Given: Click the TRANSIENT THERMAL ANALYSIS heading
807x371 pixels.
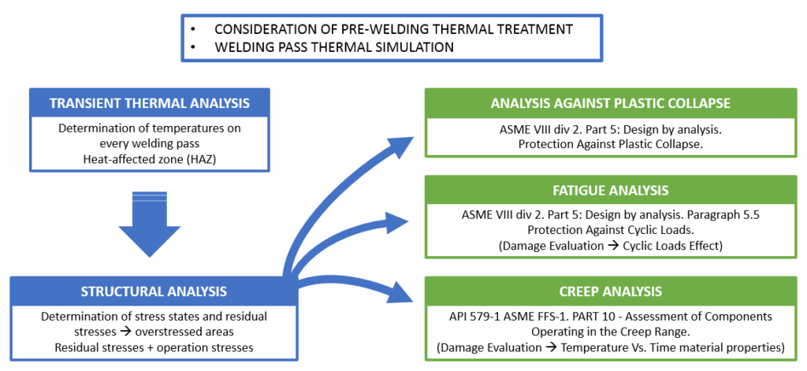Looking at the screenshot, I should click(150, 103).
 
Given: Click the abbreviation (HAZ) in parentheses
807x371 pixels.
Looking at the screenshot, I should click(225, 157).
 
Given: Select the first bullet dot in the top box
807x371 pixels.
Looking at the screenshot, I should click(193, 28).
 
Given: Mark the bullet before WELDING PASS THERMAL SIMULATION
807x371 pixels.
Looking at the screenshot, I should click(193, 47).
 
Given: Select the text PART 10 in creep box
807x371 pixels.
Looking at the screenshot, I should click(616, 317).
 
